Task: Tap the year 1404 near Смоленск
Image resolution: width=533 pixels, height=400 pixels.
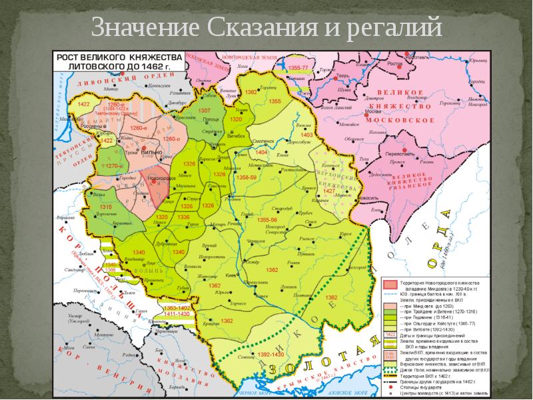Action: (x=261, y=153)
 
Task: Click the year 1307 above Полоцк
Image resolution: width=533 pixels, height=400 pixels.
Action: (x=205, y=110)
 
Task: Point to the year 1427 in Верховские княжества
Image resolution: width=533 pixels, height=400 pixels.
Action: (x=328, y=190)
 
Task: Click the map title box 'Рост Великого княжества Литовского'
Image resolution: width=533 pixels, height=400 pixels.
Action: (x=111, y=62)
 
